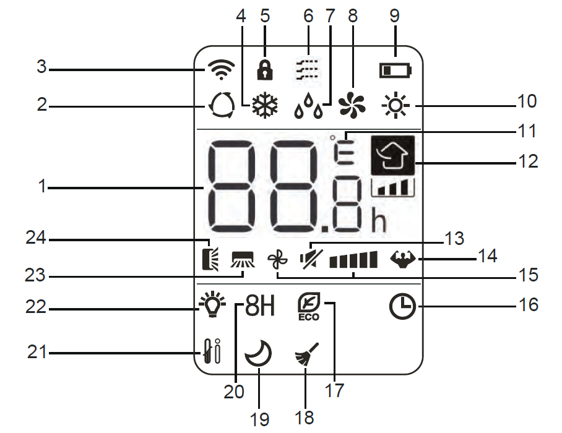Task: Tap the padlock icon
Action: point(266,69)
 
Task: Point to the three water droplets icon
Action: point(309,109)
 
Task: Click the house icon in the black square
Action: point(392,155)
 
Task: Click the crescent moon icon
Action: point(258,356)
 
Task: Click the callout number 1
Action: point(42,186)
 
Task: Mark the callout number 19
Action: point(260,419)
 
